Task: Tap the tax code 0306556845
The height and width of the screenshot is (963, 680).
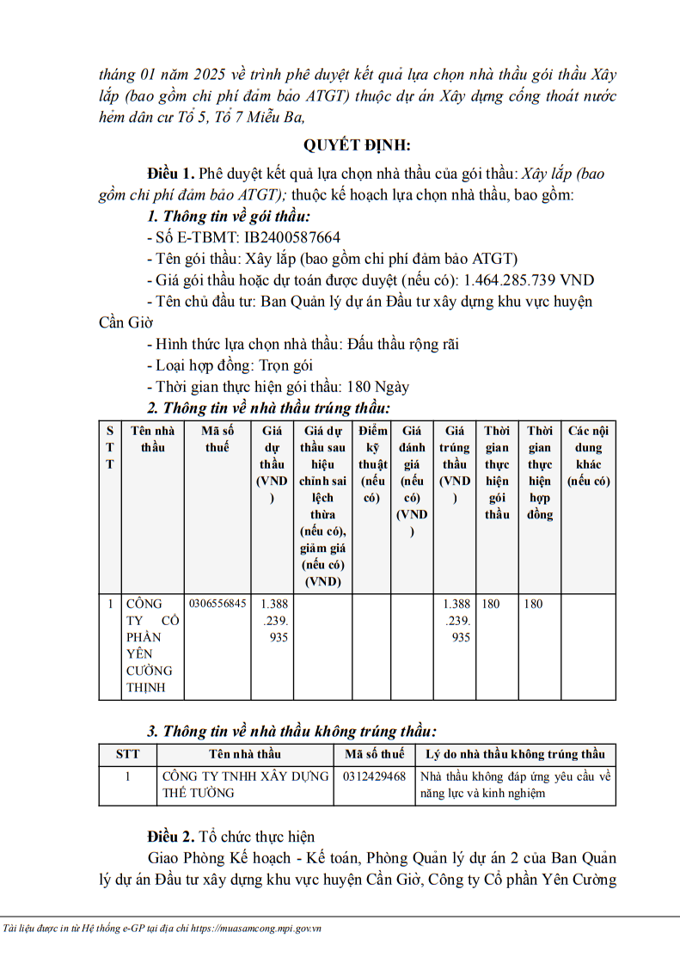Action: (217, 604)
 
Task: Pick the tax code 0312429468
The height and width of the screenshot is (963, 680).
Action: (374, 776)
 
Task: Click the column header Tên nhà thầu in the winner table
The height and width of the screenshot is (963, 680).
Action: (152, 439)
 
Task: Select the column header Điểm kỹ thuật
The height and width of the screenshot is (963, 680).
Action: (373, 464)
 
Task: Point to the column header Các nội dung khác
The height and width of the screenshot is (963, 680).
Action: (588, 456)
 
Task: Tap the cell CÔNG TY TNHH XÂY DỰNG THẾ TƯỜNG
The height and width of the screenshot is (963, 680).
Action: (245, 784)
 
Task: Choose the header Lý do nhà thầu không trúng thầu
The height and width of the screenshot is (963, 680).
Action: (516, 754)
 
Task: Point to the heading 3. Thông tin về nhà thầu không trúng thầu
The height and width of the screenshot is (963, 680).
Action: (291, 731)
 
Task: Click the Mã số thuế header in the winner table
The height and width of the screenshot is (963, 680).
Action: (217, 439)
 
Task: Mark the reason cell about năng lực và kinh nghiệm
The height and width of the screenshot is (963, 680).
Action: (515, 784)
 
